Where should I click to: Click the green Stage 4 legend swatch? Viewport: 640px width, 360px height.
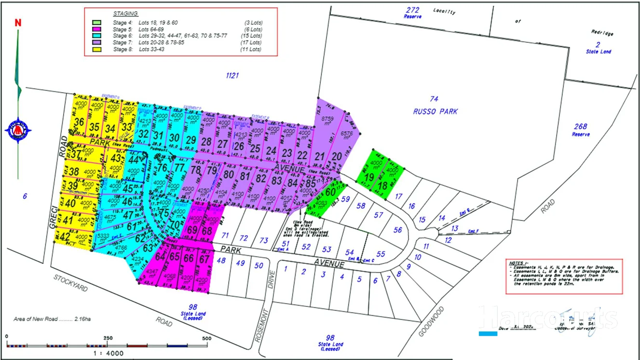(96, 22)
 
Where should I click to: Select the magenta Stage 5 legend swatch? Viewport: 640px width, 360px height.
(96, 29)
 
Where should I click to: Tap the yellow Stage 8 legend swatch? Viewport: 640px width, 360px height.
(96, 49)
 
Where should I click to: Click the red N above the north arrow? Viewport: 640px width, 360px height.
(18, 23)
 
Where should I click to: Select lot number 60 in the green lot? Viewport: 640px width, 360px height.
(330, 192)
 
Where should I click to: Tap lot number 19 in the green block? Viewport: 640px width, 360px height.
(369, 178)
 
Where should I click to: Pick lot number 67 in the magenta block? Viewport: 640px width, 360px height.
(204, 258)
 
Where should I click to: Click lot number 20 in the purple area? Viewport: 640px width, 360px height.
(337, 155)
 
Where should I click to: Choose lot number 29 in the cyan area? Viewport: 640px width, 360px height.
(191, 140)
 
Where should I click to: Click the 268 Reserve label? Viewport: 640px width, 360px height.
(581, 130)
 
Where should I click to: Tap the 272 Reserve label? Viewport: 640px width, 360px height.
(413, 13)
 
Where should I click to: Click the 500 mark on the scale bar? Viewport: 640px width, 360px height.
(206, 338)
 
